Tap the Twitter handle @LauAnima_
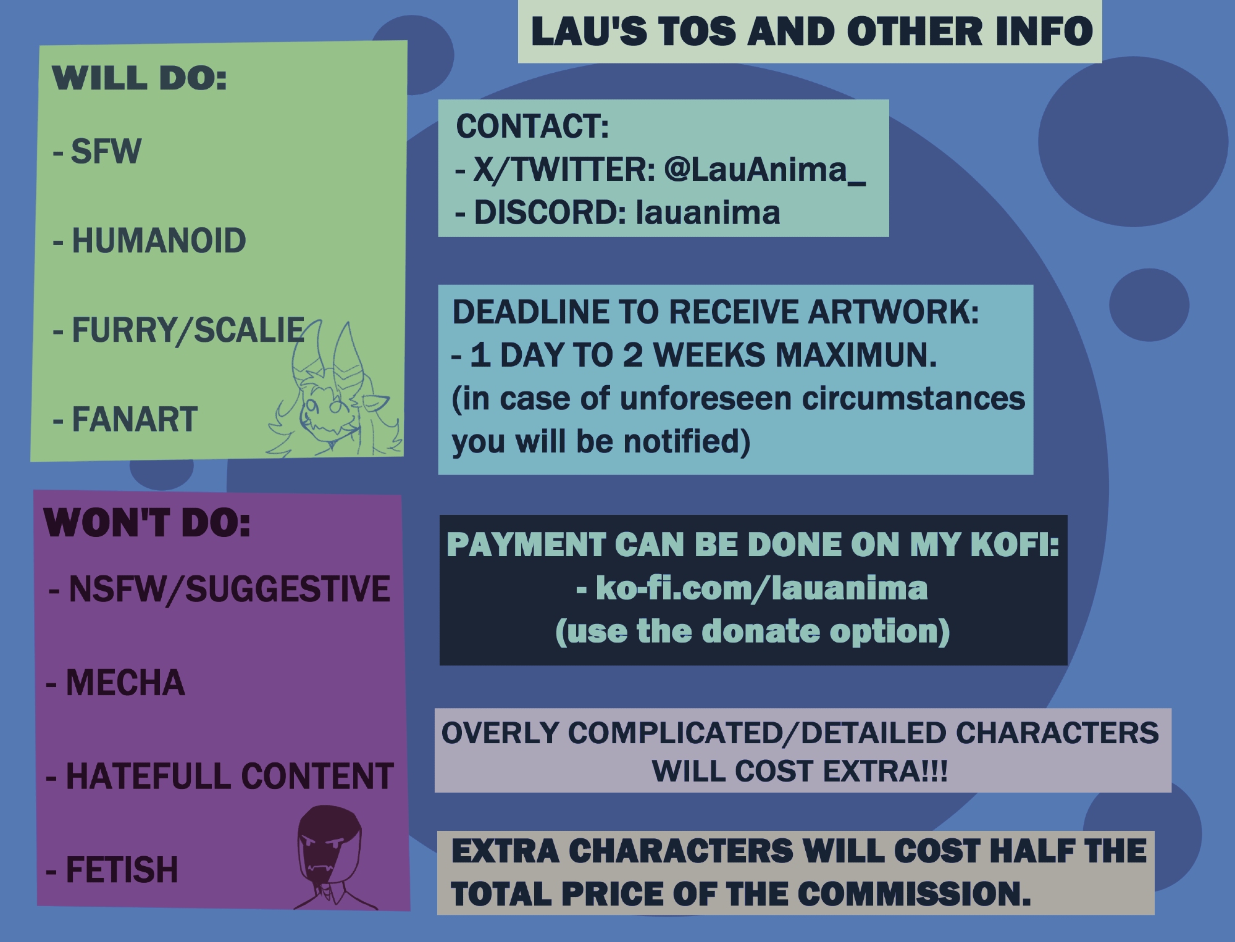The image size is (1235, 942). point(764,169)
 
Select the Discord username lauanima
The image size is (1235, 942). point(708,212)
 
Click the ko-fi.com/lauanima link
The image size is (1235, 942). point(761,588)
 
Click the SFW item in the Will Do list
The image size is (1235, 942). point(106,151)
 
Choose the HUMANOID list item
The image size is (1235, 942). point(159,240)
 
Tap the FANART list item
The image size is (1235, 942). point(135,419)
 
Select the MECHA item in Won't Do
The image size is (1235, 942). point(125,683)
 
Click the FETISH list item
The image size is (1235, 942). point(122,870)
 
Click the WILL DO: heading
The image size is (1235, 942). point(140,79)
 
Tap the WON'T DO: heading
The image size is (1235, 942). point(148,523)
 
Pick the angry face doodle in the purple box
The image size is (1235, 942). point(329,855)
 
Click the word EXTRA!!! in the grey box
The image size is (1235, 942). point(885,771)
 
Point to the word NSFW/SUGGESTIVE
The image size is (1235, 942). point(229,589)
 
